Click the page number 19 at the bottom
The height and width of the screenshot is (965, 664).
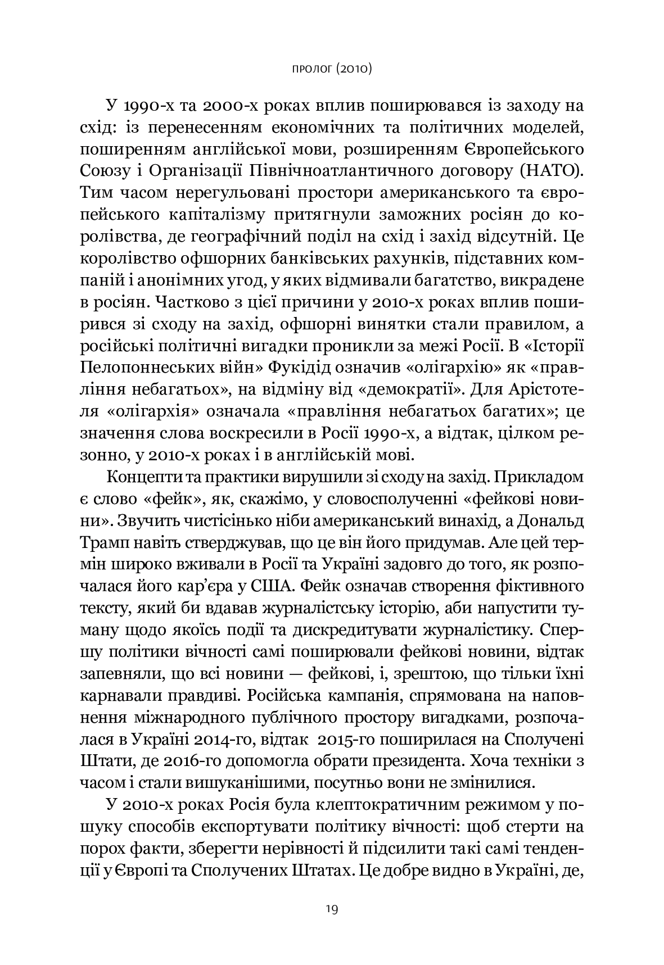point(332,909)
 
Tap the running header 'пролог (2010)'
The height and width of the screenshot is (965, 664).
point(332,69)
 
